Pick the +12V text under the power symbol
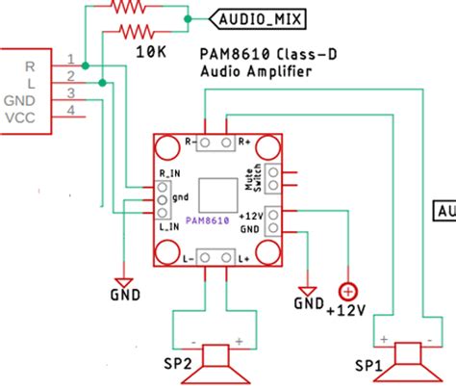point(345,310)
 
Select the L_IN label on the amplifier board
point(166,226)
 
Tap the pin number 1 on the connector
point(70,59)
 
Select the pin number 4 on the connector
point(70,112)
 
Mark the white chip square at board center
point(215,194)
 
